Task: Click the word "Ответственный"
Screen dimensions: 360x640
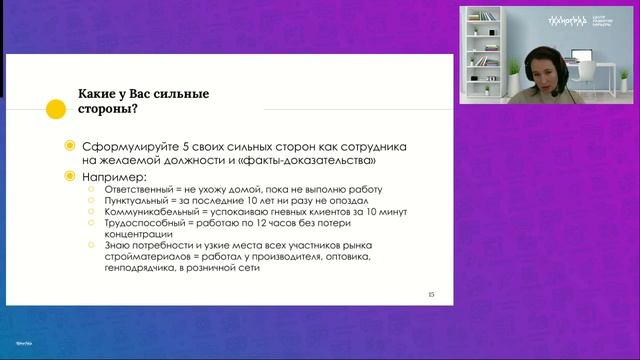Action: tap(137, 190)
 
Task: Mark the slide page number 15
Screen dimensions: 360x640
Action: tap(432, 294)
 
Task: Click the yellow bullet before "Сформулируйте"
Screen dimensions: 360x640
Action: tap(68, 146)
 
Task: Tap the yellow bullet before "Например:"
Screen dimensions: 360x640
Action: tap(68, 176)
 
